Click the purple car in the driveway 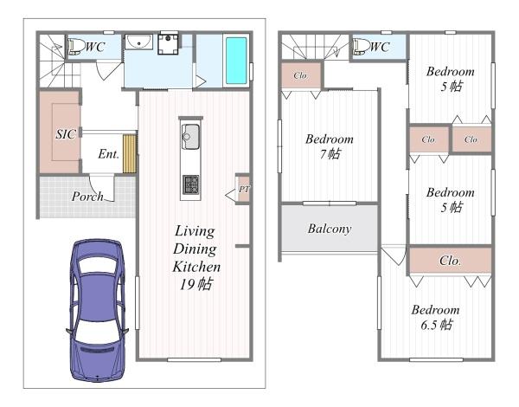97,310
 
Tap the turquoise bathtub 236,61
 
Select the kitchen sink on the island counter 190,137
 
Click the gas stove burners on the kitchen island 191,184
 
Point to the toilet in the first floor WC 75,47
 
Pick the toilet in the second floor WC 361,47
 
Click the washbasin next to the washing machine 138,42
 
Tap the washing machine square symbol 168,44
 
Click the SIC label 66,134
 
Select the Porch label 87,197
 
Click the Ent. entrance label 109,154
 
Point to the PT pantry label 244,190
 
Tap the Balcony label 330,229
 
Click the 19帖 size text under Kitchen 196,284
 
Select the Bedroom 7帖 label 330,146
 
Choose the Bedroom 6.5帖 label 436,317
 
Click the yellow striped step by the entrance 130,153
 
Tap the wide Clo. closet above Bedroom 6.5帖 450,261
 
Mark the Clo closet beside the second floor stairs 301,75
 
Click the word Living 195,231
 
